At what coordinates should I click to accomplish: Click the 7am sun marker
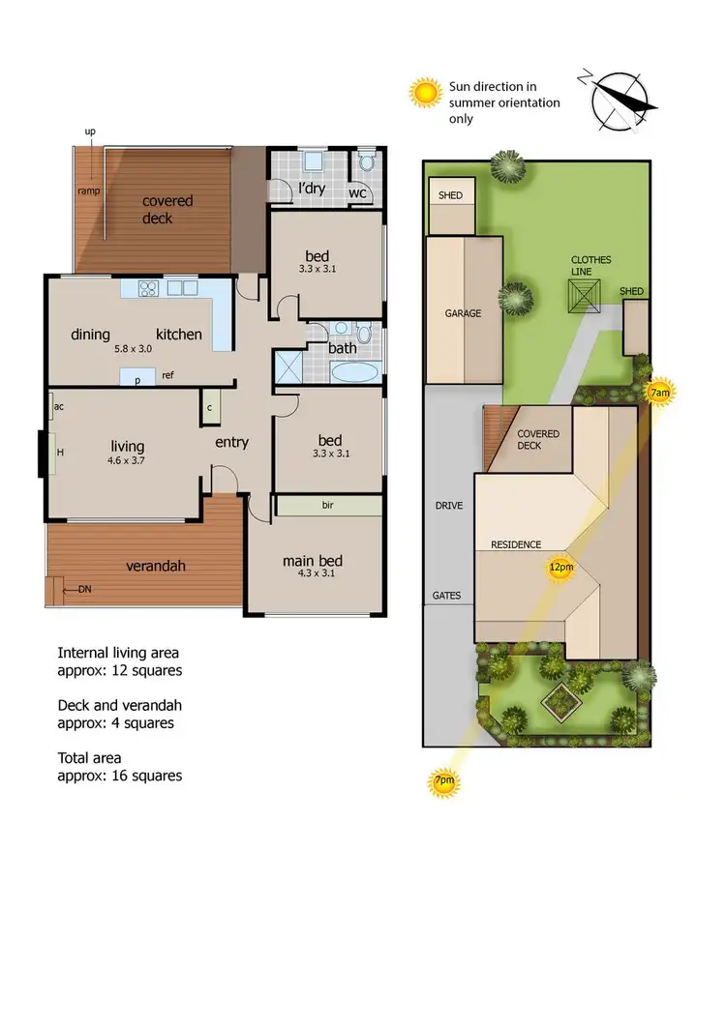click(658, 393)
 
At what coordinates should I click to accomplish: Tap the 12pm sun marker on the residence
click(560, 568)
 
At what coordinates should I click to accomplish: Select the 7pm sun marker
click(444, 781)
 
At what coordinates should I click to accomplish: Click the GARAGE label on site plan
click(463, 313)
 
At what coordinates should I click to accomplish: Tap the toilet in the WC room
click(367, 161)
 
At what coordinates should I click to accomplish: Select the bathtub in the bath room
click(354, 372)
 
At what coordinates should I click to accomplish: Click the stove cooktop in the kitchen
click(148, 287)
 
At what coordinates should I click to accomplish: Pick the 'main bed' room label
click(312, 561)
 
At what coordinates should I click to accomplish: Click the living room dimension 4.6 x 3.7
click(127, 462)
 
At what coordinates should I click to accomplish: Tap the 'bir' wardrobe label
click(329, 505)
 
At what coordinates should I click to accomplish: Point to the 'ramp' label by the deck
click(88, 191)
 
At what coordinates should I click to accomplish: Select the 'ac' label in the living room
click(59, 407)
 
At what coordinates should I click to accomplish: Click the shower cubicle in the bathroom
click(288, 367)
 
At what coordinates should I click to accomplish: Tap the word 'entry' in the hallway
click(231, 442)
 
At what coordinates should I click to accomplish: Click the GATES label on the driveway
click(447, 596)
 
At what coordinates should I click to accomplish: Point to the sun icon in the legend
click(425, 93)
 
